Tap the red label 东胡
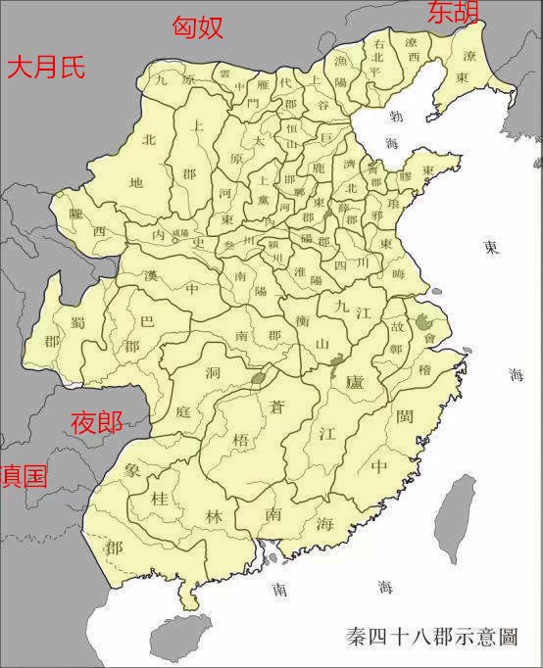click(x=453, y=13)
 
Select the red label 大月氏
click(x=46, y=67)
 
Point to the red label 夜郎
click(x=97, y=423)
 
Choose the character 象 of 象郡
click(x=133, y=470)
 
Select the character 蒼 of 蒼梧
click(x=277, y=408)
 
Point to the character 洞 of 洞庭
click(x=184, y=374)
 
